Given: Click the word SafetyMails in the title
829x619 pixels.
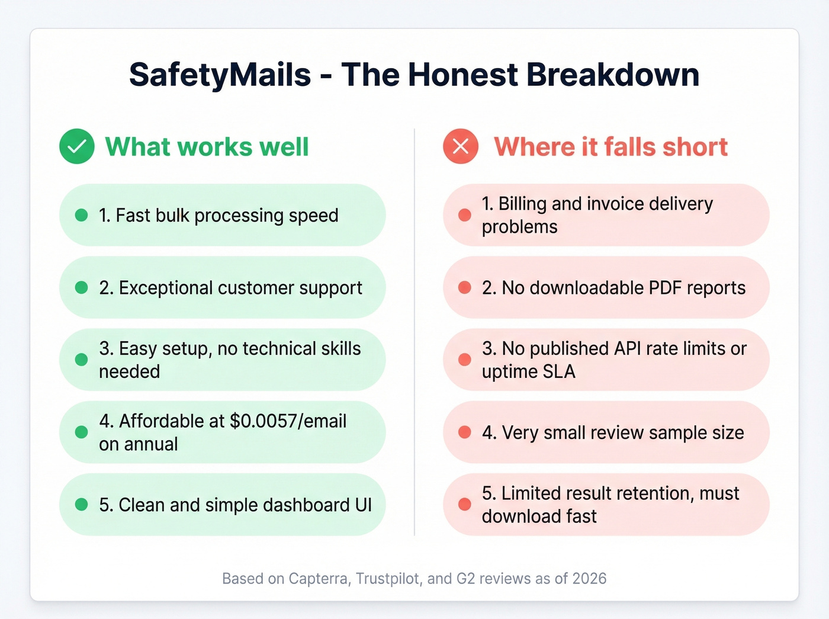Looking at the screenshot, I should point(220,75).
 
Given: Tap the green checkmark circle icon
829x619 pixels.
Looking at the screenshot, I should point(77,146).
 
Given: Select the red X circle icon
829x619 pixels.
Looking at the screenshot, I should point(461,146).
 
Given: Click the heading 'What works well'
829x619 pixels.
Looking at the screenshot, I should point(207,147).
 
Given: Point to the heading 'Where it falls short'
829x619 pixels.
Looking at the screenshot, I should point(610,147).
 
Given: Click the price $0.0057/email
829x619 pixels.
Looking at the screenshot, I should point(288,421).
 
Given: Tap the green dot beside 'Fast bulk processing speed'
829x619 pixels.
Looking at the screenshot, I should point(82,215).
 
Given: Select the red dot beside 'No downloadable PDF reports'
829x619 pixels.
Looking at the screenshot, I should point(465,288).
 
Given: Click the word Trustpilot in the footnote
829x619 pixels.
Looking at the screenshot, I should point(388,579).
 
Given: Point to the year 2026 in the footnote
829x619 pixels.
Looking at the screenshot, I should point(589,579).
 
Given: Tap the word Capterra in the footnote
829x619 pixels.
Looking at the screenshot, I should point(318,579).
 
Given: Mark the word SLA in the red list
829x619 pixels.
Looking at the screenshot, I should point(559,372).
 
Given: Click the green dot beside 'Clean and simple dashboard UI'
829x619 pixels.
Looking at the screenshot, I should point(82,505).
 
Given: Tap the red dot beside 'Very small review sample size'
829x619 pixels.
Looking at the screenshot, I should point(465,432).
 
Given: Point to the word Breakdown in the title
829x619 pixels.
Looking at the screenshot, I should point(612,75).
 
